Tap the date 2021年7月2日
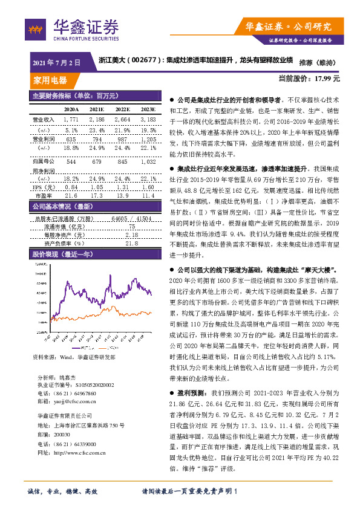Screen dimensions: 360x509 click(x=56, y=62)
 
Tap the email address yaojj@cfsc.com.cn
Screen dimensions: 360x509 click(x=77, y=400)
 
